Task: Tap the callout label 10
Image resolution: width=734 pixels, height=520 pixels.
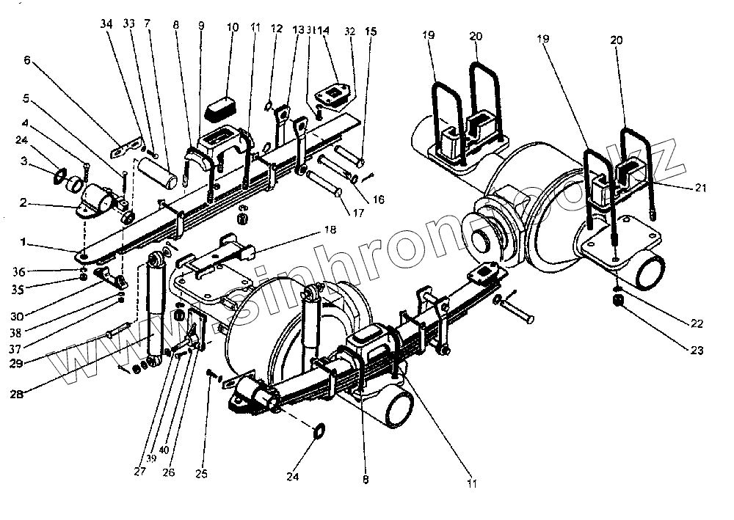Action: click(x=233, y=29)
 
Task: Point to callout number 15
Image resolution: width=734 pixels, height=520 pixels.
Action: click(x=371, y=33)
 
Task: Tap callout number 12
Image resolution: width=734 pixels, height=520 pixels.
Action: click(x=276, y=29)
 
